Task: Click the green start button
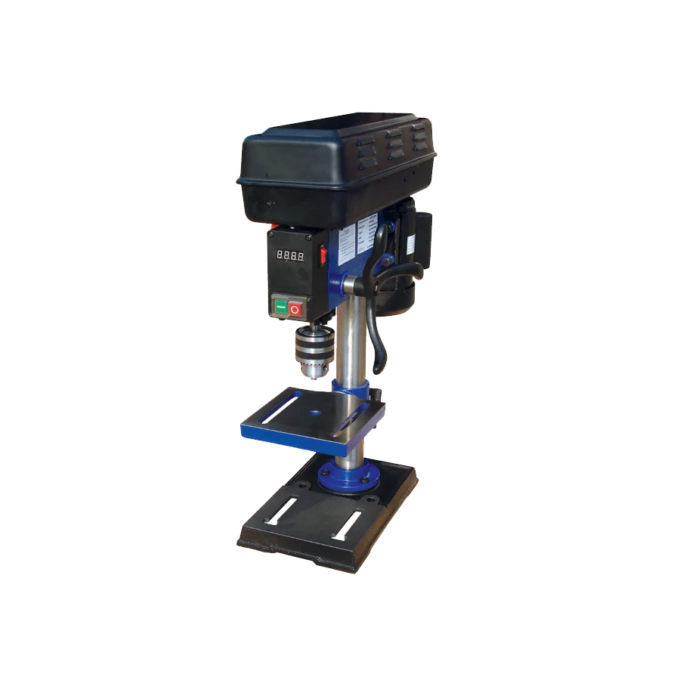[280, 308]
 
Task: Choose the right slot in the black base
[348, 523]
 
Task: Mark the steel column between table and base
[349, 450]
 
